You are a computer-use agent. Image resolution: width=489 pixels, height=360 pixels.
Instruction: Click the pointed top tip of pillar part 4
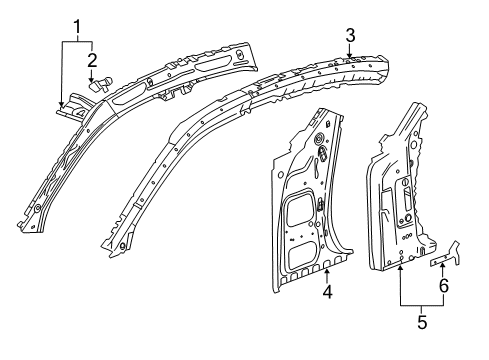click(x=322, y=108)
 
